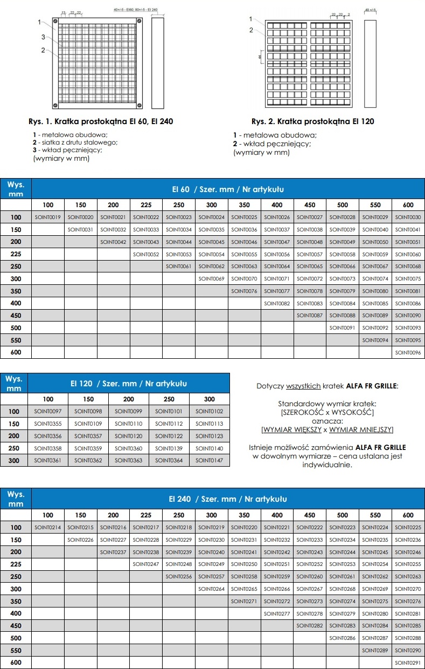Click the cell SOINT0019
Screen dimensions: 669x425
coord(48,217)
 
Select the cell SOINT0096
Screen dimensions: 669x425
coord(408,352)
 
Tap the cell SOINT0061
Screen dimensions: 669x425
coord(179,267)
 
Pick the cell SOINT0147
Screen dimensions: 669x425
coord(210,460)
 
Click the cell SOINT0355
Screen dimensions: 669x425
coord(48,424)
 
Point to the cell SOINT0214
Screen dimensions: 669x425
coord(48,527)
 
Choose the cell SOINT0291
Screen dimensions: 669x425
coord(408,663)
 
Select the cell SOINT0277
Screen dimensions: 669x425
coord(277,613)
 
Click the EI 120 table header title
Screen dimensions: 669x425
coord(129,384)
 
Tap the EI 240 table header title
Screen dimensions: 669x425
coord(228,499)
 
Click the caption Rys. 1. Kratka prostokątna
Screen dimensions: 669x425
coord(101,121)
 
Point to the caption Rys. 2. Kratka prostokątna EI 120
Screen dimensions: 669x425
coord(312,121)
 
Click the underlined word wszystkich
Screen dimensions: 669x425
coord(303,386)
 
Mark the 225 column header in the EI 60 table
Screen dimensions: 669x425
coord(146,205)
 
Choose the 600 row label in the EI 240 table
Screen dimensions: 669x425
coord(16,663)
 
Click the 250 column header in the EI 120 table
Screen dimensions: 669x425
coord(169,399)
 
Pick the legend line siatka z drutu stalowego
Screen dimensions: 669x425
coord(75,142)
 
